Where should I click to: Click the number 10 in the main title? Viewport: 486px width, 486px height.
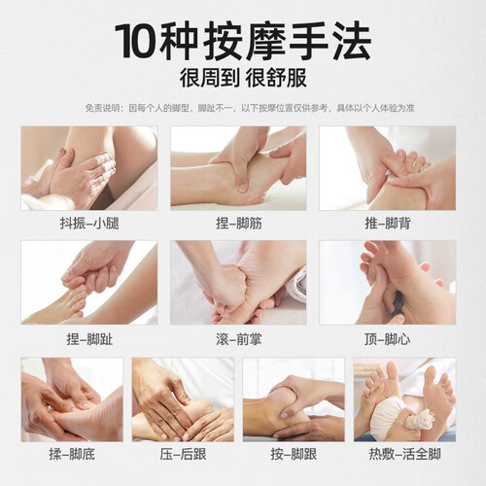tap(135, 41)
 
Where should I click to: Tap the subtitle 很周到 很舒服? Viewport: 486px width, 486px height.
tap(243, 78)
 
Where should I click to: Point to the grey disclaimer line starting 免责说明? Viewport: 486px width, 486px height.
tap(250, 108)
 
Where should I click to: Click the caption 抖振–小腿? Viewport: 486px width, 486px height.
tap(89, 224)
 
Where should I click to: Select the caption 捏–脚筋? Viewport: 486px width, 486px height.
tap(239, 224)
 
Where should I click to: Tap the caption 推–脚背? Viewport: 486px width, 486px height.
tap(388, 224)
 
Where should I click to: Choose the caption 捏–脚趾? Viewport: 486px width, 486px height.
tap(89, 339)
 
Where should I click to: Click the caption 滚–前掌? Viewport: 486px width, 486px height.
tap(239, 339)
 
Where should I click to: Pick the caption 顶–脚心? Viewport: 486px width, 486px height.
tap(388, 339)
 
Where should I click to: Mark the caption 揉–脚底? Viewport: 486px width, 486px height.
tap(72, 454)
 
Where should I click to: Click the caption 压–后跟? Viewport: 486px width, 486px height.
tap(183, 454)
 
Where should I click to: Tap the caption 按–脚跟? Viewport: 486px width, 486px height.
tap(294, 454)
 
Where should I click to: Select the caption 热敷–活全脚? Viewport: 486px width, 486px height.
tap(405, 454)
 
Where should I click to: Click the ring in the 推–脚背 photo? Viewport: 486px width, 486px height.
tap(388, 172)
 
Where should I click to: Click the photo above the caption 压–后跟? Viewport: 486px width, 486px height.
tap(183, 399)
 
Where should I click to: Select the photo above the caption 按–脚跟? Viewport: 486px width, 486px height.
tap(294, 399)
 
